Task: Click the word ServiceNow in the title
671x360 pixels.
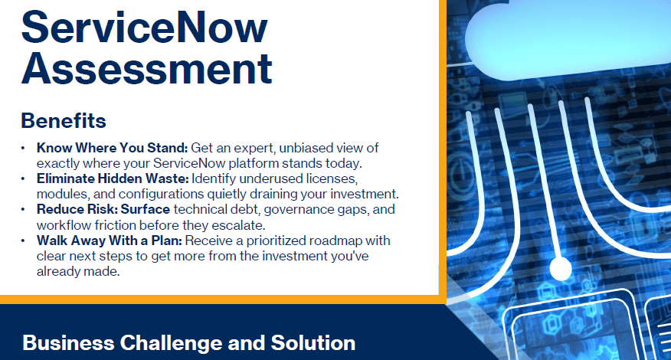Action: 145,28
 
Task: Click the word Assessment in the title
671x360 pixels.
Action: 147,68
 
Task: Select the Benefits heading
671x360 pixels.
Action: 64,121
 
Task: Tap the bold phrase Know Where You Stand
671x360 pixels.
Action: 112,148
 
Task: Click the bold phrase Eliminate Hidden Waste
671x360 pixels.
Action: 113,178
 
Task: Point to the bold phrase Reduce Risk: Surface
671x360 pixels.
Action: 103,209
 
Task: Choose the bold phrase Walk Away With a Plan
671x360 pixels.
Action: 109,241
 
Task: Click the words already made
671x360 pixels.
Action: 78,271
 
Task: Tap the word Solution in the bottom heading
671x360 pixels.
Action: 313,343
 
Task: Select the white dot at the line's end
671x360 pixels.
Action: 560,269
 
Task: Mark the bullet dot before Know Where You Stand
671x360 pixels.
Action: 23,148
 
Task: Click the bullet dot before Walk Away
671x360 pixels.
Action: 23,241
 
